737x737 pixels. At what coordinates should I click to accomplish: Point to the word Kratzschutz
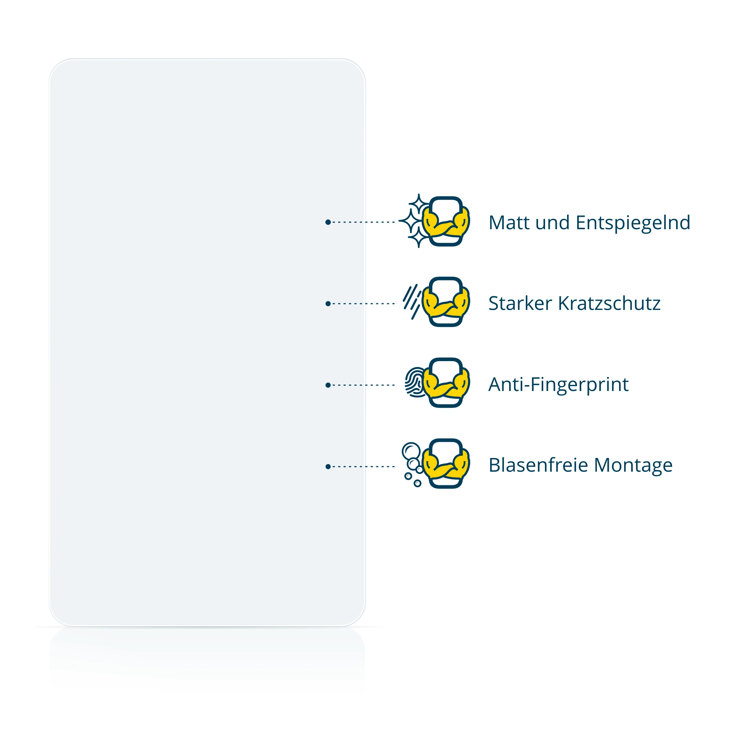[x=609, y=303]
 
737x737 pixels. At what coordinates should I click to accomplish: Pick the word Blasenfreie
[x=538, y=465]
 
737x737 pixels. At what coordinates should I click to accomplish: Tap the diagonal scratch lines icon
[x=412, y=302]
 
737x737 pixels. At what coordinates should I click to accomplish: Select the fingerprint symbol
[x=414, y=382]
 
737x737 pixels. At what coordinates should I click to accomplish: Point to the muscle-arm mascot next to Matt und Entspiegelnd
[x=446, y=221]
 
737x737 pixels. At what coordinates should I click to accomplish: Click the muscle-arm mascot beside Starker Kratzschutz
[x=446, y=302]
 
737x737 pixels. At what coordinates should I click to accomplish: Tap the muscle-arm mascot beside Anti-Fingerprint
[x=446, y=383]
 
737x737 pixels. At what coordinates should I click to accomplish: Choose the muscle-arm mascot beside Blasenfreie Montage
[x=446, y=464]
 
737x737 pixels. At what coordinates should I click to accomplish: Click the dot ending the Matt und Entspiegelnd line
[x=328, y=222]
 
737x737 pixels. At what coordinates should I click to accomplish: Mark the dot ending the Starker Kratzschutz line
[x=328, y=304]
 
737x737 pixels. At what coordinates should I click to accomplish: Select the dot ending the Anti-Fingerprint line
[x=328, y=385]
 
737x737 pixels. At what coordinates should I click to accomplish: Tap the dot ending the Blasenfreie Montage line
[x=328, y=467]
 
